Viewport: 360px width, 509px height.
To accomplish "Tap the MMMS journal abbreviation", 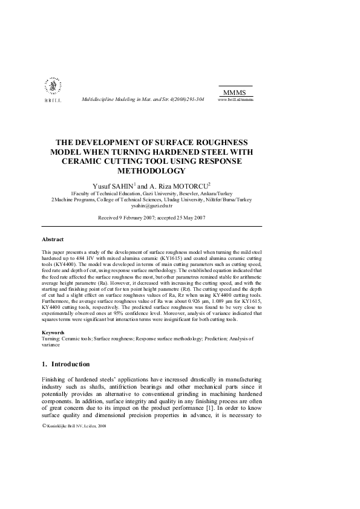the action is click(x=235, y=92).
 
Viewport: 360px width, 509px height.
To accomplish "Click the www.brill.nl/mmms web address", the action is click(x=235, y=99).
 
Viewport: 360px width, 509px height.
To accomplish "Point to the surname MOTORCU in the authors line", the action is click(x=190, y=186).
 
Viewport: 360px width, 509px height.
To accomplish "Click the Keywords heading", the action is click(x=54, y=333).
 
